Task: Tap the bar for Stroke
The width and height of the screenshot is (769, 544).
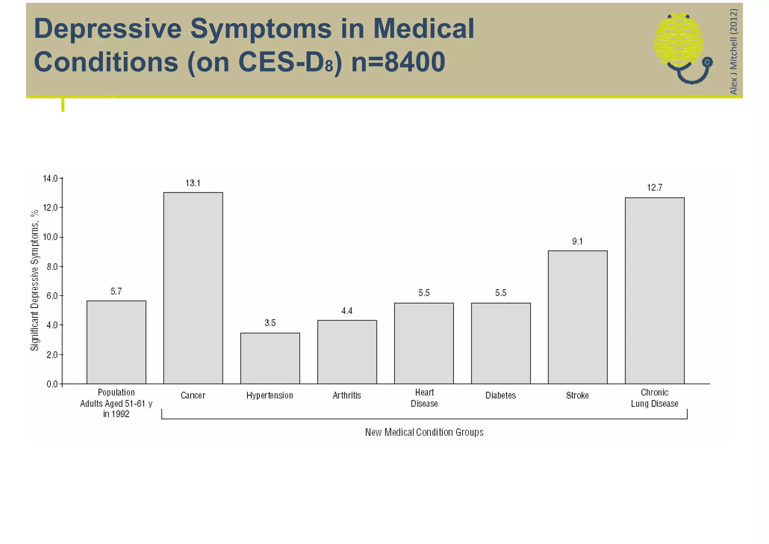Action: (578, 317)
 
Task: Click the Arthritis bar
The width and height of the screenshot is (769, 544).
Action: (347, 352)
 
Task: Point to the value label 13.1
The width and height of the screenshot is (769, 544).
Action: (193, 183)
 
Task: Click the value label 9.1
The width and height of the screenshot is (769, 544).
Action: (578, 242)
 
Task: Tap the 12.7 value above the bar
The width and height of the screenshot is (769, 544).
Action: (654, 188)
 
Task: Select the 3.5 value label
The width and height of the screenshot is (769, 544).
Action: (270, 323)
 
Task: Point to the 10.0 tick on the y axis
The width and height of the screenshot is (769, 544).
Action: (50, 237)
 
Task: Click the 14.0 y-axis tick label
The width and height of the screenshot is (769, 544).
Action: (50, 178)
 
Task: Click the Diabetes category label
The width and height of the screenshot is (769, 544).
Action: (501, 396)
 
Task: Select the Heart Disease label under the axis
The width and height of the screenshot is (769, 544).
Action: (424, 398)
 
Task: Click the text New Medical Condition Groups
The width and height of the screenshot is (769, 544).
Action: (424, 432)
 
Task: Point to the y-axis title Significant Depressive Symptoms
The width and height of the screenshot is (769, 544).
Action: (35, 280)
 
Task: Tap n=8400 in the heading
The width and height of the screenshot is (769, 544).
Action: (398, 62)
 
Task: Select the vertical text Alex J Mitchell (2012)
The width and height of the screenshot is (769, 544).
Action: (733, 51)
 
